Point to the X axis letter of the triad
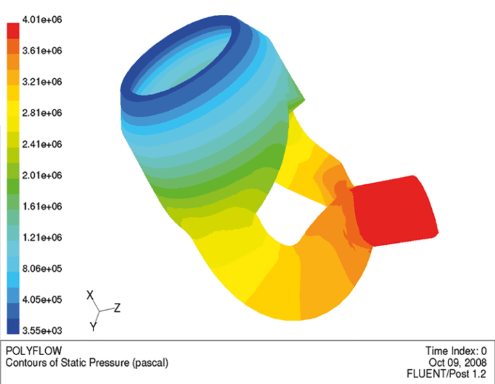click(91, 294)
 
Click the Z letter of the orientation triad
click(117, 308)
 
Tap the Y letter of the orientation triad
click(93, 327)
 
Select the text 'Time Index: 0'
click(456, 351)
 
